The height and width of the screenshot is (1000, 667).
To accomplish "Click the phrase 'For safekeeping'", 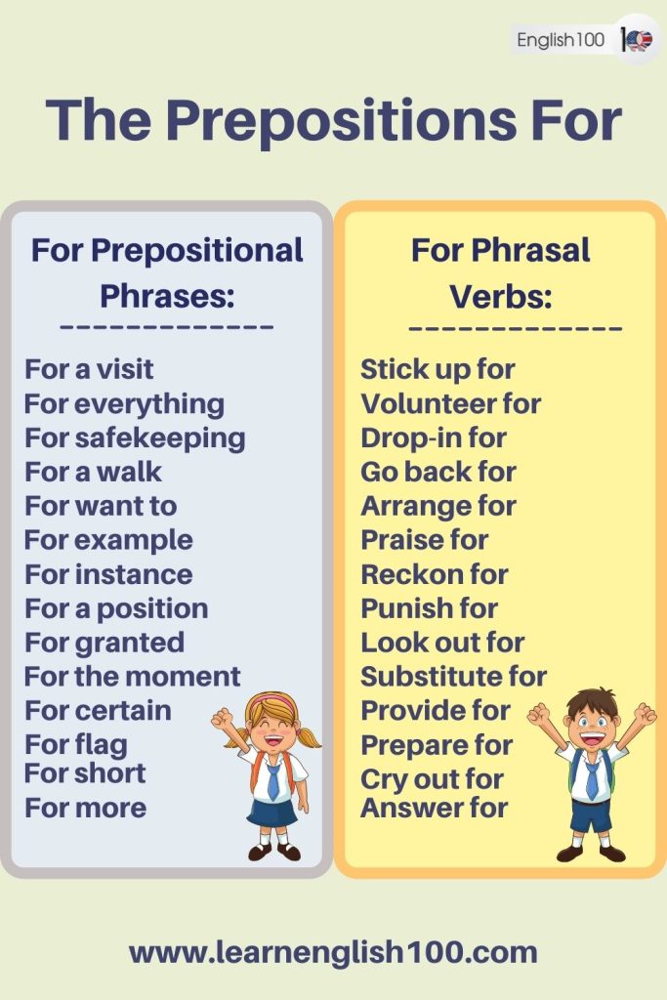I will (x=135, y=437).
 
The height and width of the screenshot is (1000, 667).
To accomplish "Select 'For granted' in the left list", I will (x=104, y=643).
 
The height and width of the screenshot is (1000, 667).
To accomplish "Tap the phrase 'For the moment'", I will (x=132, y=676).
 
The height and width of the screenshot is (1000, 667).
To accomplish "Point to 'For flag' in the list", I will (x=75, y=745).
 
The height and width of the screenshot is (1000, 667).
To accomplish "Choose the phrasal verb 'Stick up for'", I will (x=438, y=369).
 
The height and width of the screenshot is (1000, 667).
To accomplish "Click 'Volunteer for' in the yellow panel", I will (x=450, y=403).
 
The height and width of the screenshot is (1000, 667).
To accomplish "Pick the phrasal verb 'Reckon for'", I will (x=434, y=574).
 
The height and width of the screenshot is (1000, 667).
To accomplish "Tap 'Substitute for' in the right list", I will (x=453, y=676).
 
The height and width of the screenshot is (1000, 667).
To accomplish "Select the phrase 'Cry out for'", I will (x=432, y=779).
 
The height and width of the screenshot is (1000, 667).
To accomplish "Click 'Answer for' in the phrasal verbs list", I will (x=434, y=808).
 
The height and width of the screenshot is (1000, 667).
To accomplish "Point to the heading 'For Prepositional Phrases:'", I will (x=167, y=271).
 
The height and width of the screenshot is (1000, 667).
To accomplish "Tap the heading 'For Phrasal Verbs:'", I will (x=500, y=271).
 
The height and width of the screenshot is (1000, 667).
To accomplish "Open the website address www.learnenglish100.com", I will (x=333, y=952).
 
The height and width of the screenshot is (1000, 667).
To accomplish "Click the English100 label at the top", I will (x=561, y=40).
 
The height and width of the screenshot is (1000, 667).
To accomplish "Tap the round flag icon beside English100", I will (x=639, y=40).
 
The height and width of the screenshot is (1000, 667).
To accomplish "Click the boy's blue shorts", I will (x=590, y=814).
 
